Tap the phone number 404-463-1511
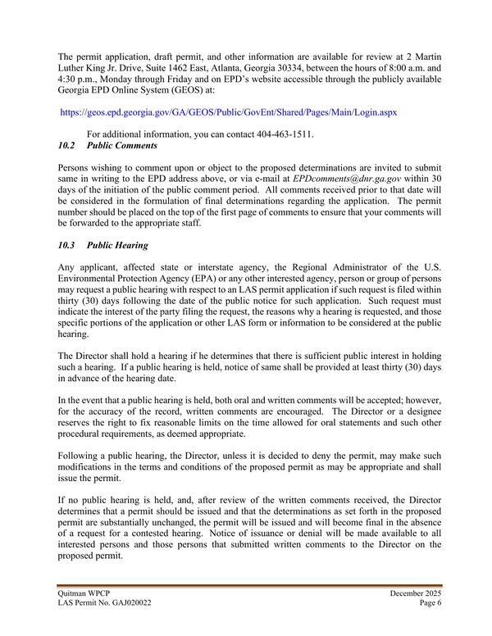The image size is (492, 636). pos(285,134)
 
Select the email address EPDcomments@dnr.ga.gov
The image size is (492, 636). pos(348,177)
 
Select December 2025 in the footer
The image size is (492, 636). pos(412,591)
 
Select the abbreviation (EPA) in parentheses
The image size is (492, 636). pos(189,279)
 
